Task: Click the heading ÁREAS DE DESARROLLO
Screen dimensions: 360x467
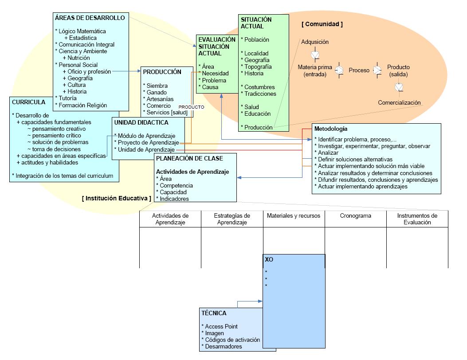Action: pos(90,18)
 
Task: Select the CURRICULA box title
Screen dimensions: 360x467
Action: pos(29,102)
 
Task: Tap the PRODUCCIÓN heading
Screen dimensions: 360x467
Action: pos(162,71)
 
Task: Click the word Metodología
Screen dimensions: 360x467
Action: pos(331,129)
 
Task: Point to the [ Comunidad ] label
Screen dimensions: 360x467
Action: pos(322,24)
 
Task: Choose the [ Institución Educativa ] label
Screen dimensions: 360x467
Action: pos(117,198)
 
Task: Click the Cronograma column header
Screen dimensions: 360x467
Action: pos(356,216)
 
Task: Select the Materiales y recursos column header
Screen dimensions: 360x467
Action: pos(294,215)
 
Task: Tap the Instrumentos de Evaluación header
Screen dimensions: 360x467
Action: pos(417,219)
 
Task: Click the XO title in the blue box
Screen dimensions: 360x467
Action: pos(269,259)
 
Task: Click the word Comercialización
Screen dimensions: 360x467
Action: pos(399,103)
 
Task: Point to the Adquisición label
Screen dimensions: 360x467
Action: pos(315,42)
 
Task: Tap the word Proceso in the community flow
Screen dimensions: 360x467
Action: pos(359,70)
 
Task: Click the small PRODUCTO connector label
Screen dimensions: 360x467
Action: pos(191,107)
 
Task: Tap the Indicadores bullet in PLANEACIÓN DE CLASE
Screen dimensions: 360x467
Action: pos(173,199)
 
